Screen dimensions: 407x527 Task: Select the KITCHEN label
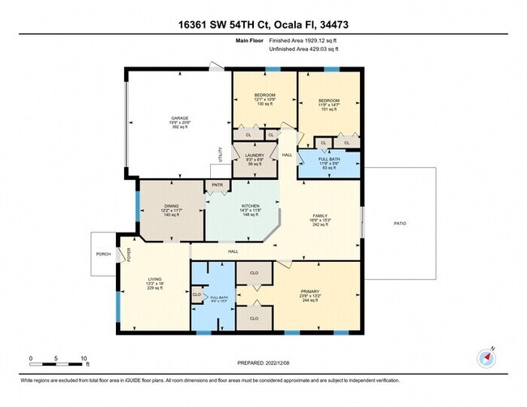[x=249, y=206]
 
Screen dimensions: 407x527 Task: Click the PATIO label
[x=399, y=222]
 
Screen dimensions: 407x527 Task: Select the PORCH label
[x=104, y=254]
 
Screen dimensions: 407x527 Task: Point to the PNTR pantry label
[x=217, y=186]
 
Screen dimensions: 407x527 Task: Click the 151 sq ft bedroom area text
[x=328, y=109]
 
